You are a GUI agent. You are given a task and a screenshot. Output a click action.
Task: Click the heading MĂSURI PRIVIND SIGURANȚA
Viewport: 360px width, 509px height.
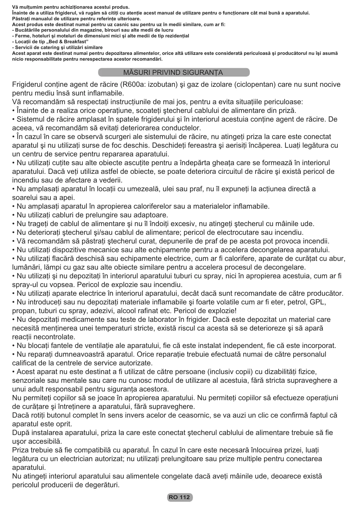[173, 72]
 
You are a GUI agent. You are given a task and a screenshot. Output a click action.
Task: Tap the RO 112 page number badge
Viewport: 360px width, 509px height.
[180, 497]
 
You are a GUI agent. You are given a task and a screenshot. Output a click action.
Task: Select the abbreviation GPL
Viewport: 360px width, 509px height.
[318, 302]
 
